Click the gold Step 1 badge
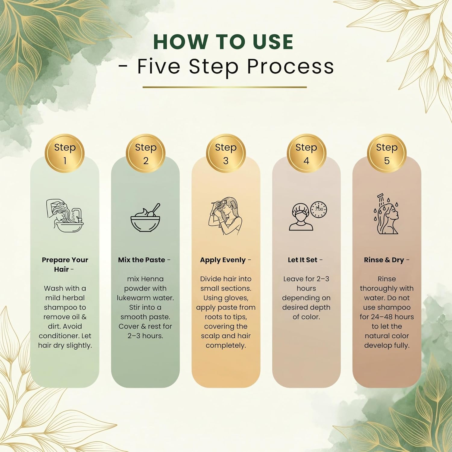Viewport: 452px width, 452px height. pos(65,153)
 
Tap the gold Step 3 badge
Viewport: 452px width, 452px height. pos(226,153)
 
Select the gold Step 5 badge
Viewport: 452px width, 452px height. pos(387,153)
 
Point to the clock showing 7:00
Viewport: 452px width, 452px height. pos(319,209)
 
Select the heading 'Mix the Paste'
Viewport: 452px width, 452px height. pos(142,260)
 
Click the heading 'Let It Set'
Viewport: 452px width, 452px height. pos(303,260)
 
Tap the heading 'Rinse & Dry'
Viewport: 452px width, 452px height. pos(384,260)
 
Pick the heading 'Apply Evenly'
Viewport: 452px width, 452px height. pos(223,260)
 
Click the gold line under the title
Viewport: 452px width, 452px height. pos(224,87)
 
